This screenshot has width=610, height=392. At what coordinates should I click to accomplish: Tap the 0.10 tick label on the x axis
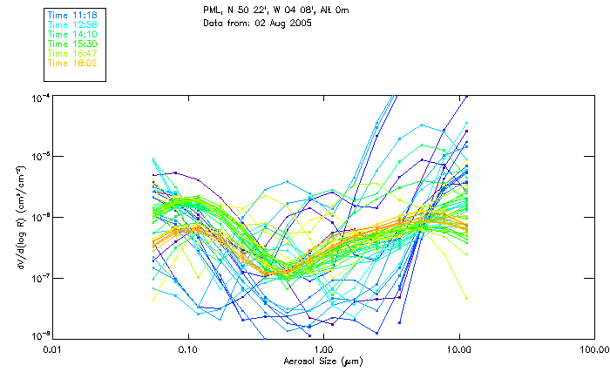click(187, 348)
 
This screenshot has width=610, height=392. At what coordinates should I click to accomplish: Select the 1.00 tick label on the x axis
click(323, 348)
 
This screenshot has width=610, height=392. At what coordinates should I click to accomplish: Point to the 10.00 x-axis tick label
click(458, 348)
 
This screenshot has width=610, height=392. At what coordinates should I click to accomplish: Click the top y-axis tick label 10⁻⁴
click(39, 98)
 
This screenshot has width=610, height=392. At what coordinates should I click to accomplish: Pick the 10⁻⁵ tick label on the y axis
click(39, 158)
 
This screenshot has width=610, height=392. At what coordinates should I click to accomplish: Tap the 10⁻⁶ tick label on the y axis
click(39, 218)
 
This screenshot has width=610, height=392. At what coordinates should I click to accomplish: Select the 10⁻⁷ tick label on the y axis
click(39, 278)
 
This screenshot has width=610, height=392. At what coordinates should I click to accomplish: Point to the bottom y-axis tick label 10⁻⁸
click(39, 337)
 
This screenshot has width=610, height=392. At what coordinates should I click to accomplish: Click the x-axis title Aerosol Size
click(322, 361)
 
